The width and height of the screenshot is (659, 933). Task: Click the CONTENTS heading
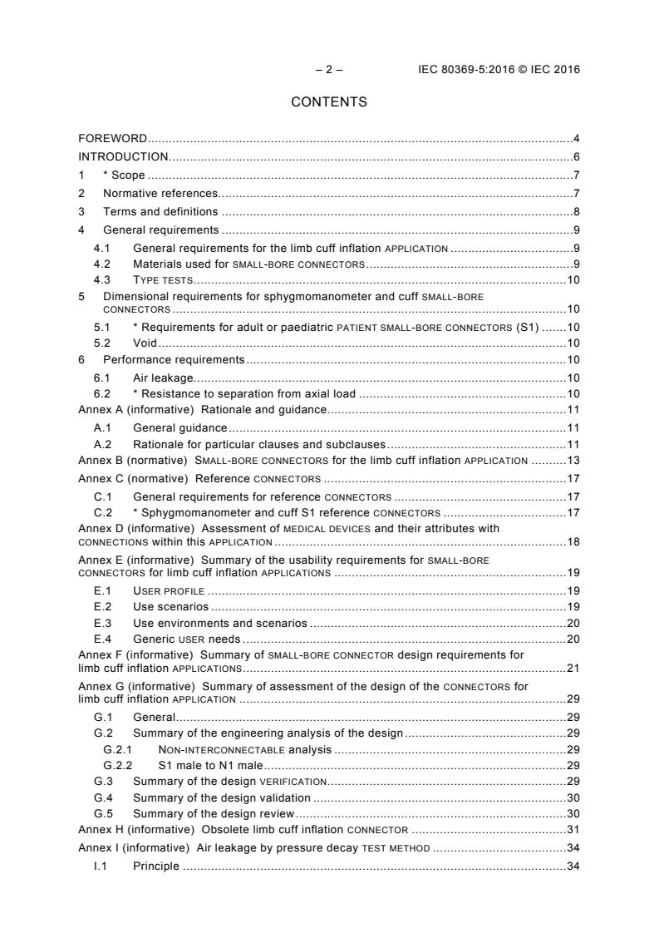329,102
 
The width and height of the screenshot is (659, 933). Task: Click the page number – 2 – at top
329,70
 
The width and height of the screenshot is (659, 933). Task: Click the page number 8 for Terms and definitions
576,211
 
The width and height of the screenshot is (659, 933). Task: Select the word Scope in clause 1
133,175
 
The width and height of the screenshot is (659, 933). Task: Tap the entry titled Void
145,343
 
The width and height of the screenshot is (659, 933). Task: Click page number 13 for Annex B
573,461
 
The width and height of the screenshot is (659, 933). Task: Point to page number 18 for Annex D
573,542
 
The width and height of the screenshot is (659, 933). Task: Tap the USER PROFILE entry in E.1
169,590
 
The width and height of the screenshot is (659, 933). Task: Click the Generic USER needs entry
186,639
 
